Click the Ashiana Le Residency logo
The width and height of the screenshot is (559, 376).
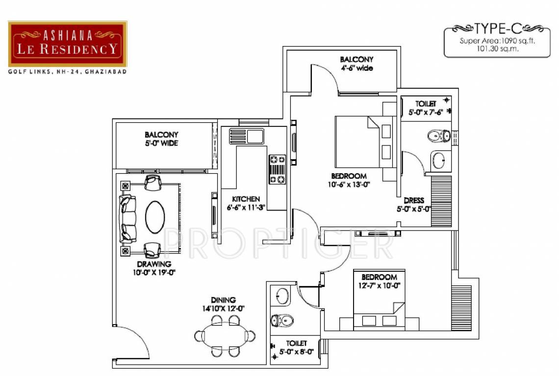click(x=68, y=44)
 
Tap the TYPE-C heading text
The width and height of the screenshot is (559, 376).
click(x=497, y=27)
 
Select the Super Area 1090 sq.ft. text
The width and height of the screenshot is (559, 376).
click(x=497, y=41)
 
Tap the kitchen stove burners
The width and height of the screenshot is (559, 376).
click(x=277, y=169)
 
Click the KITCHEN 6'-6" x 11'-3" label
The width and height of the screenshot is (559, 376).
click(x=246, y=203)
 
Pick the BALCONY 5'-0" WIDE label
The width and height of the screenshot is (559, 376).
click(x=161, y=139)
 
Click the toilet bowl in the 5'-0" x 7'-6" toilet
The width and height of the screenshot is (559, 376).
click(x=438, y=136)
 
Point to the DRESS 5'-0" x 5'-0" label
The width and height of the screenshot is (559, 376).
click(x=414, y=205)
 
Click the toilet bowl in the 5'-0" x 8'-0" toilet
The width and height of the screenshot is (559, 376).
click(x=282, y=321)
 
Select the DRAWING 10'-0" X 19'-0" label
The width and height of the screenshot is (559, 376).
click(x=154, y=268)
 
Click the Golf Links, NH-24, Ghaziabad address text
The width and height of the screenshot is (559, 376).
click(x=67, y=72)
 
